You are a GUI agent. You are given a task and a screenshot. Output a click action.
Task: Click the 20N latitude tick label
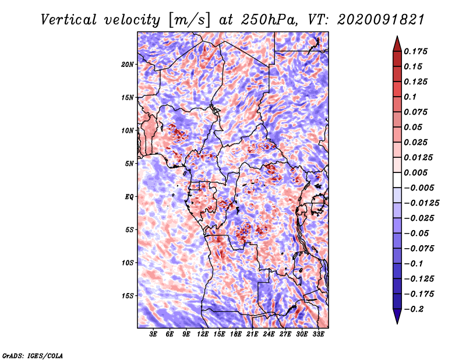[x=128, y=65]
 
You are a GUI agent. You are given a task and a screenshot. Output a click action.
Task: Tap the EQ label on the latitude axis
[x=129, y=197]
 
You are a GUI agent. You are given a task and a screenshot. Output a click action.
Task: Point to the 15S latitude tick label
[x=128, y=296]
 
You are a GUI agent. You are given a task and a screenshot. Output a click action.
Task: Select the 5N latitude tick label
[x=129, y=164]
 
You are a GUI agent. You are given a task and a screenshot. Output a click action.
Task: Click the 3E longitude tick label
[x=153, y=334]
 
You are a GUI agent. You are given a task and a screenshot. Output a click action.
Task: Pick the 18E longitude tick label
[x=236, y=334]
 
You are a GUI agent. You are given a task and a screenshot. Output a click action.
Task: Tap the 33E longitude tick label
[x=318, y=334]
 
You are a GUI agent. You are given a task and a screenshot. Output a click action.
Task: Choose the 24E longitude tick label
[x=269, y=334]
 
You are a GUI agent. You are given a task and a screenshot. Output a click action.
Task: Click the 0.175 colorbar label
[x=415, y=51]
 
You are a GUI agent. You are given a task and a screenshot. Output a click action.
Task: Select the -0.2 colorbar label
[x=414, y=309]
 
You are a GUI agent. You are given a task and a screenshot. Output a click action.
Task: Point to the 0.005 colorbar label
[x=415, y=172]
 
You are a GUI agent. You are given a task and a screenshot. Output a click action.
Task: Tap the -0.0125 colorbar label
[x=421, y=203]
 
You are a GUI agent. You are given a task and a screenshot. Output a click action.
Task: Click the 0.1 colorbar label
[x=410, y=97]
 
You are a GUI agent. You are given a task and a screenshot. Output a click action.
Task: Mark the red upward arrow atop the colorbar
[x=397, y=44]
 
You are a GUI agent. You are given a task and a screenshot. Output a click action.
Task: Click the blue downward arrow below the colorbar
[x=397, y=316]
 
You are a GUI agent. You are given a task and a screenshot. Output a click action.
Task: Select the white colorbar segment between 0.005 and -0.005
[x=397, y=180]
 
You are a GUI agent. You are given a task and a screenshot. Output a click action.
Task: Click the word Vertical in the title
[x=69, y=20]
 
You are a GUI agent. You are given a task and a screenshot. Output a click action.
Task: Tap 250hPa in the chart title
[x=269, y=20]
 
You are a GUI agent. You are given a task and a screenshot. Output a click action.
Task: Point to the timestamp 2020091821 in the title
[x=380, y=20]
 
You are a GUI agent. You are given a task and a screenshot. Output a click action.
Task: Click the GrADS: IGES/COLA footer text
[x=33, y=356]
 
